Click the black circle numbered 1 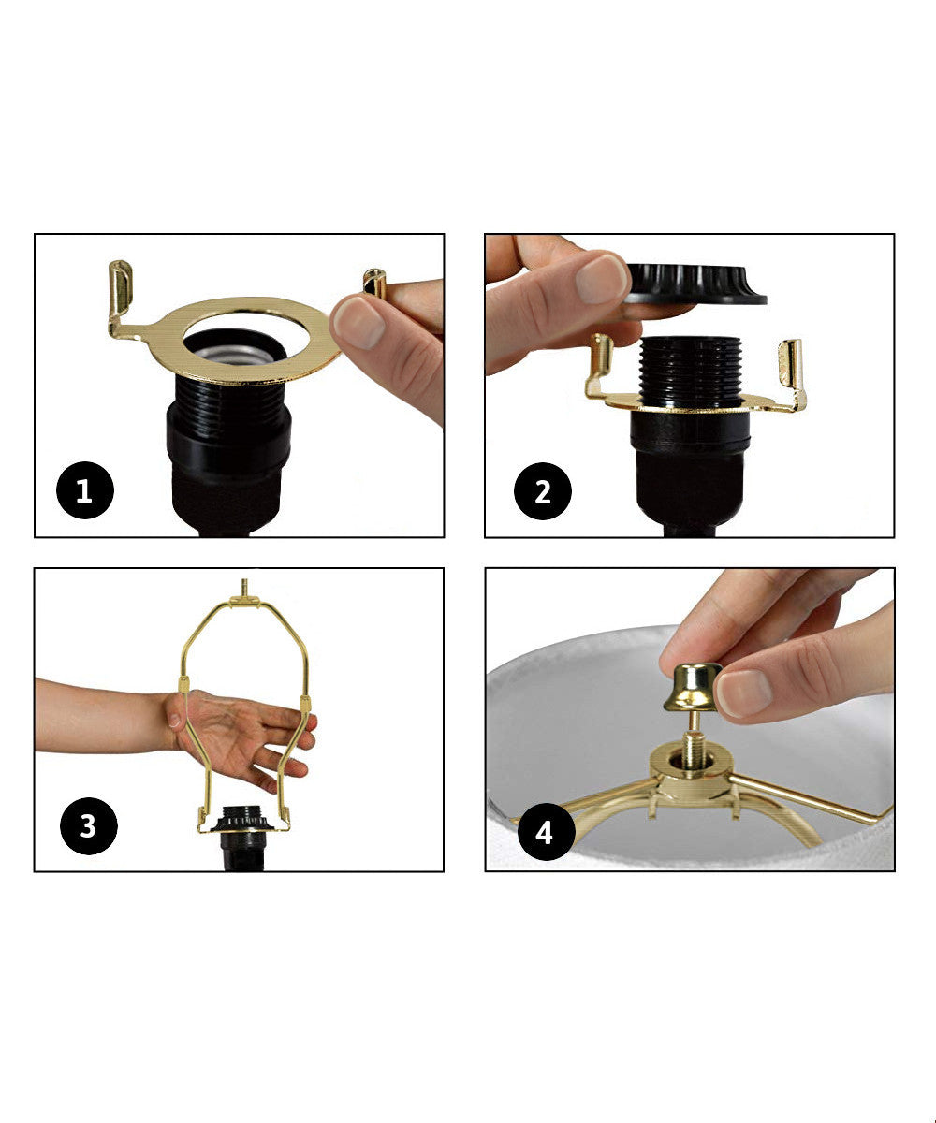pos(84,490)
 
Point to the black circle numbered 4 pos(544,831)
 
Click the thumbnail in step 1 pos(358,322)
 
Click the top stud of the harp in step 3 pos(245,589)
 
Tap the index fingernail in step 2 pos(600,278)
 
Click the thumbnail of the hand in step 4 pos(745,693)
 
